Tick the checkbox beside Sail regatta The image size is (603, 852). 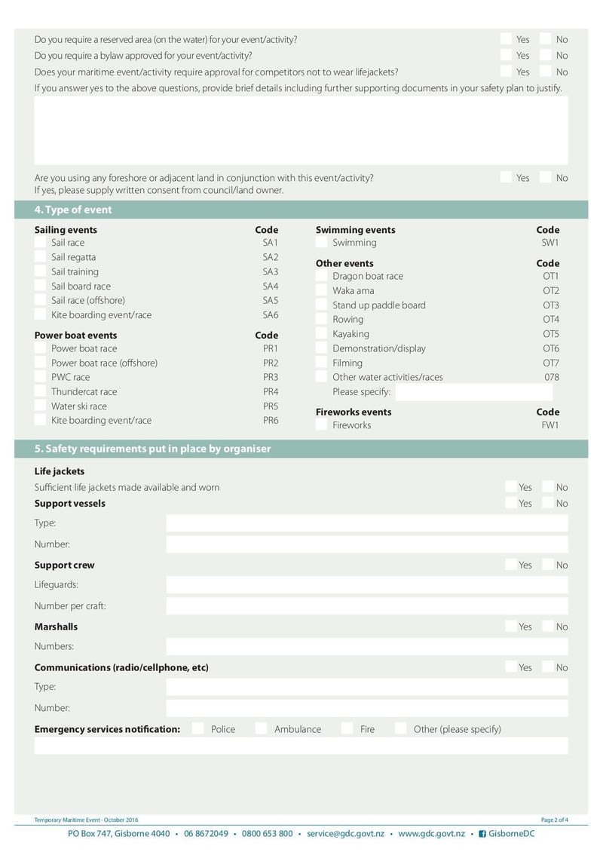tap(40, 257)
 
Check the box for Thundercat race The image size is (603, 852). tap(40, 391)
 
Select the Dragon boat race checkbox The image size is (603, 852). tap(322, 276)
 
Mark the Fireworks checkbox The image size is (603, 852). tap(322, 425)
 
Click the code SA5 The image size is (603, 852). tap(270, 300)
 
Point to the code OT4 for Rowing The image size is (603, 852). tap(551, 320)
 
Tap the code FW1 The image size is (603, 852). tap(551, 425)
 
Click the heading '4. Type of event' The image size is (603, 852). tap(73, 210)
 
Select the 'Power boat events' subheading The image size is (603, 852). tap(75, 335)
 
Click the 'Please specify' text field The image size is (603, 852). tap(473, 392)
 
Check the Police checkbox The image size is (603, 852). tap(198, 728)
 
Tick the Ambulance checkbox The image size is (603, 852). tap(262, 728)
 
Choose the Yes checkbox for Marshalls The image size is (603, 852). tap(512, 627)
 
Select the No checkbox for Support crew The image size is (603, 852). tap(548, 565)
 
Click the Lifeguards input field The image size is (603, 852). tap(366, 585)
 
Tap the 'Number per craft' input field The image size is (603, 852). tap(366, 606)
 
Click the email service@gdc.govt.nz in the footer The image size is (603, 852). tap(345, 833)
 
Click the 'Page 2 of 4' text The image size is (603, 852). tap(554, 820)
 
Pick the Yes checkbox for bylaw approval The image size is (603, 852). tap(506, 55)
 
